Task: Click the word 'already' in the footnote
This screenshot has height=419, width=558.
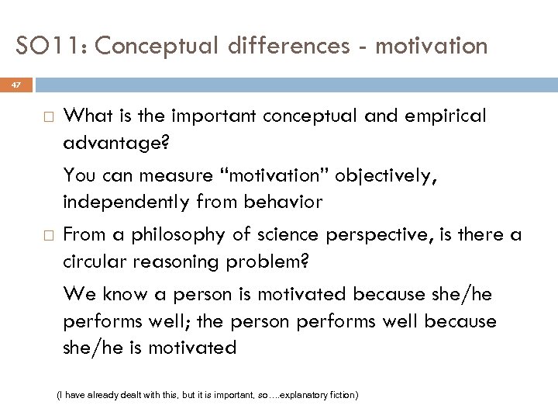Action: [108, 395]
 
